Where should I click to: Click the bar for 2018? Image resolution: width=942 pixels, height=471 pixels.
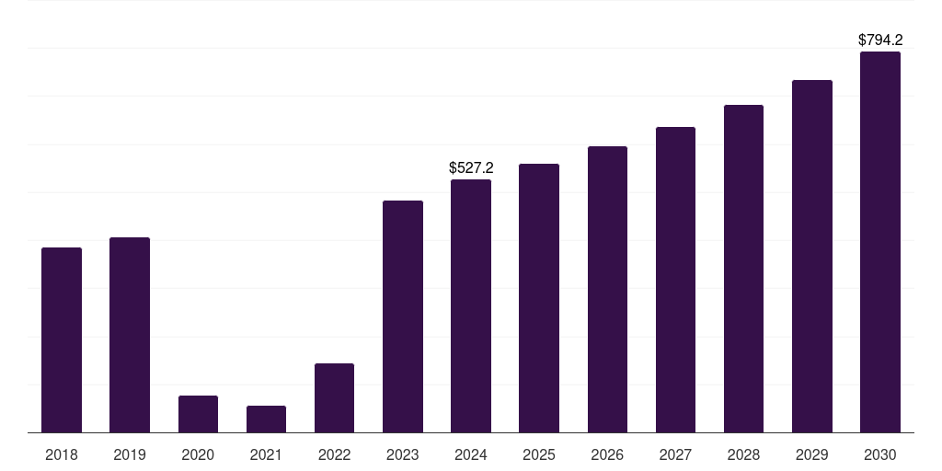(62, 339)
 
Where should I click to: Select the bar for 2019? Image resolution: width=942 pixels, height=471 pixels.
(130, 335)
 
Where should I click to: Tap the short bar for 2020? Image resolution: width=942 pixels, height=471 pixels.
(198, 414)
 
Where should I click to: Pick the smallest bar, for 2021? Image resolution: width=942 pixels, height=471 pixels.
(266, 419)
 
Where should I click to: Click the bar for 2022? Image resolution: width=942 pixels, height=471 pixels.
(334, 397)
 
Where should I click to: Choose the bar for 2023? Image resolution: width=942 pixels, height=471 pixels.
(403, 316)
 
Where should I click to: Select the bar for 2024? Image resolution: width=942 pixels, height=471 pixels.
(471, 305)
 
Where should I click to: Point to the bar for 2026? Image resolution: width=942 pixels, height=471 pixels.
(607, 289)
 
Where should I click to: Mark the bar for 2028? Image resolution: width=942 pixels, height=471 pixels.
(743, 269)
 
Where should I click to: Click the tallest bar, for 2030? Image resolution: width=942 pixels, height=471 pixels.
(880, 242)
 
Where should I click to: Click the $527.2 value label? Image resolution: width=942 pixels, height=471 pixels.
(471, 167)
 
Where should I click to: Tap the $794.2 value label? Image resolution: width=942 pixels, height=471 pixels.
(880, 40)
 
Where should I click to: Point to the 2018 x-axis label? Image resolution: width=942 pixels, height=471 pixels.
(62, 454)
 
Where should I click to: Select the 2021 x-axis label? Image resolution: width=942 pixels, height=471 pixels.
(266, 454)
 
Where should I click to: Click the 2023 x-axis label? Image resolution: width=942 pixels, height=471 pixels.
(403, 454)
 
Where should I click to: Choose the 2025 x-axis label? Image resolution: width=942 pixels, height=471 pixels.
(539, 454)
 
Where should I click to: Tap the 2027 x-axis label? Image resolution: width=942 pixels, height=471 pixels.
(675, 454)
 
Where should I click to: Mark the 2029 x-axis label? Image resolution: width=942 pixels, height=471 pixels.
(812, 454)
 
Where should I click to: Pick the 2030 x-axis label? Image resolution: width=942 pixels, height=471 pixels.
(880, 454)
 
